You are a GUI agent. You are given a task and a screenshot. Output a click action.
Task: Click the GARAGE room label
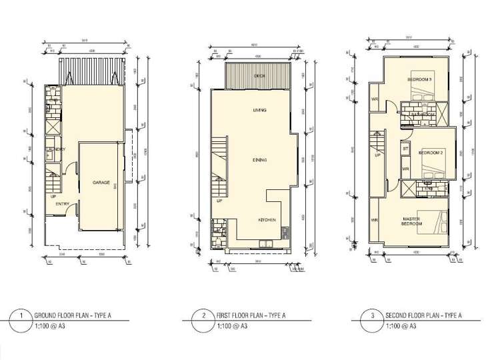(101, 182)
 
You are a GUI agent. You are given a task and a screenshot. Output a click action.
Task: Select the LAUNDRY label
(56, 149)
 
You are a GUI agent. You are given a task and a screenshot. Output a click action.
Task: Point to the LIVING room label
(259, 111)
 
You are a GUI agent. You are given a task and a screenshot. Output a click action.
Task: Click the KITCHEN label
(268, 219)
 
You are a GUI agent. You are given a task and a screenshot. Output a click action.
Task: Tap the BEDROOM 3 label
(419, 80)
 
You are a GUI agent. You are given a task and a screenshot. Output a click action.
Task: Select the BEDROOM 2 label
(430, 153)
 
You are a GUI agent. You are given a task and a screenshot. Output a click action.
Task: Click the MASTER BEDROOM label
(411, 221)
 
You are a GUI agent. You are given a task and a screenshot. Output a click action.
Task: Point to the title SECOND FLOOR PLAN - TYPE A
(423, 315)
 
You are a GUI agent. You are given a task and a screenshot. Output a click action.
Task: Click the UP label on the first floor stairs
(219, 201)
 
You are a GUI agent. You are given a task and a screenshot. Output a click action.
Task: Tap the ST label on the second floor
(405, 148)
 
